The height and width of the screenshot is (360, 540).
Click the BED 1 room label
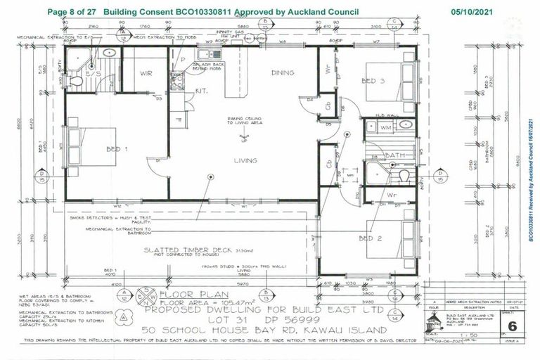117,150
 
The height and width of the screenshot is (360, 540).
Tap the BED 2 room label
370,238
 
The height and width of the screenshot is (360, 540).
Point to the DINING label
283,72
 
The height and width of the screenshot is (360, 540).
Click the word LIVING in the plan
245,161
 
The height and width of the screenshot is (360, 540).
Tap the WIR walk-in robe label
146,72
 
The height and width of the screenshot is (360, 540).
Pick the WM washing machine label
385,127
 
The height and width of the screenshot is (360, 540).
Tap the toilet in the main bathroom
404,175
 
